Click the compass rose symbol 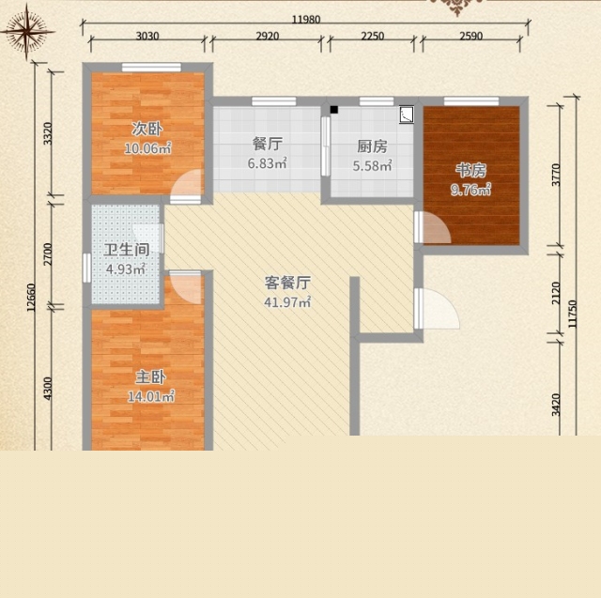coord(27,32)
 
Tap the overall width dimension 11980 coord(306,19)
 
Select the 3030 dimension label coord(147,36)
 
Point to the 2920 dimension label coord(267,36)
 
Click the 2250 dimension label coord(373,36)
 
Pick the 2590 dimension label coord(471,36)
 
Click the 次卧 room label coord(147,130)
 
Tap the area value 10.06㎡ coord(147,148)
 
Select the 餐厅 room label coord(268,144)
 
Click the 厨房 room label coord(372,146)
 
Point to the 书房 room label coord(471,171)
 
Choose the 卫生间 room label coord(127,250)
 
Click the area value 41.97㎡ coord(287,302)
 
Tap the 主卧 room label coord(150,377)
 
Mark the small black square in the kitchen coord(334,110)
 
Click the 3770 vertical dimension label coord(556,175)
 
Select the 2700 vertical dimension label coord(48,254)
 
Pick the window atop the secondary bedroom coord(151,68)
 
